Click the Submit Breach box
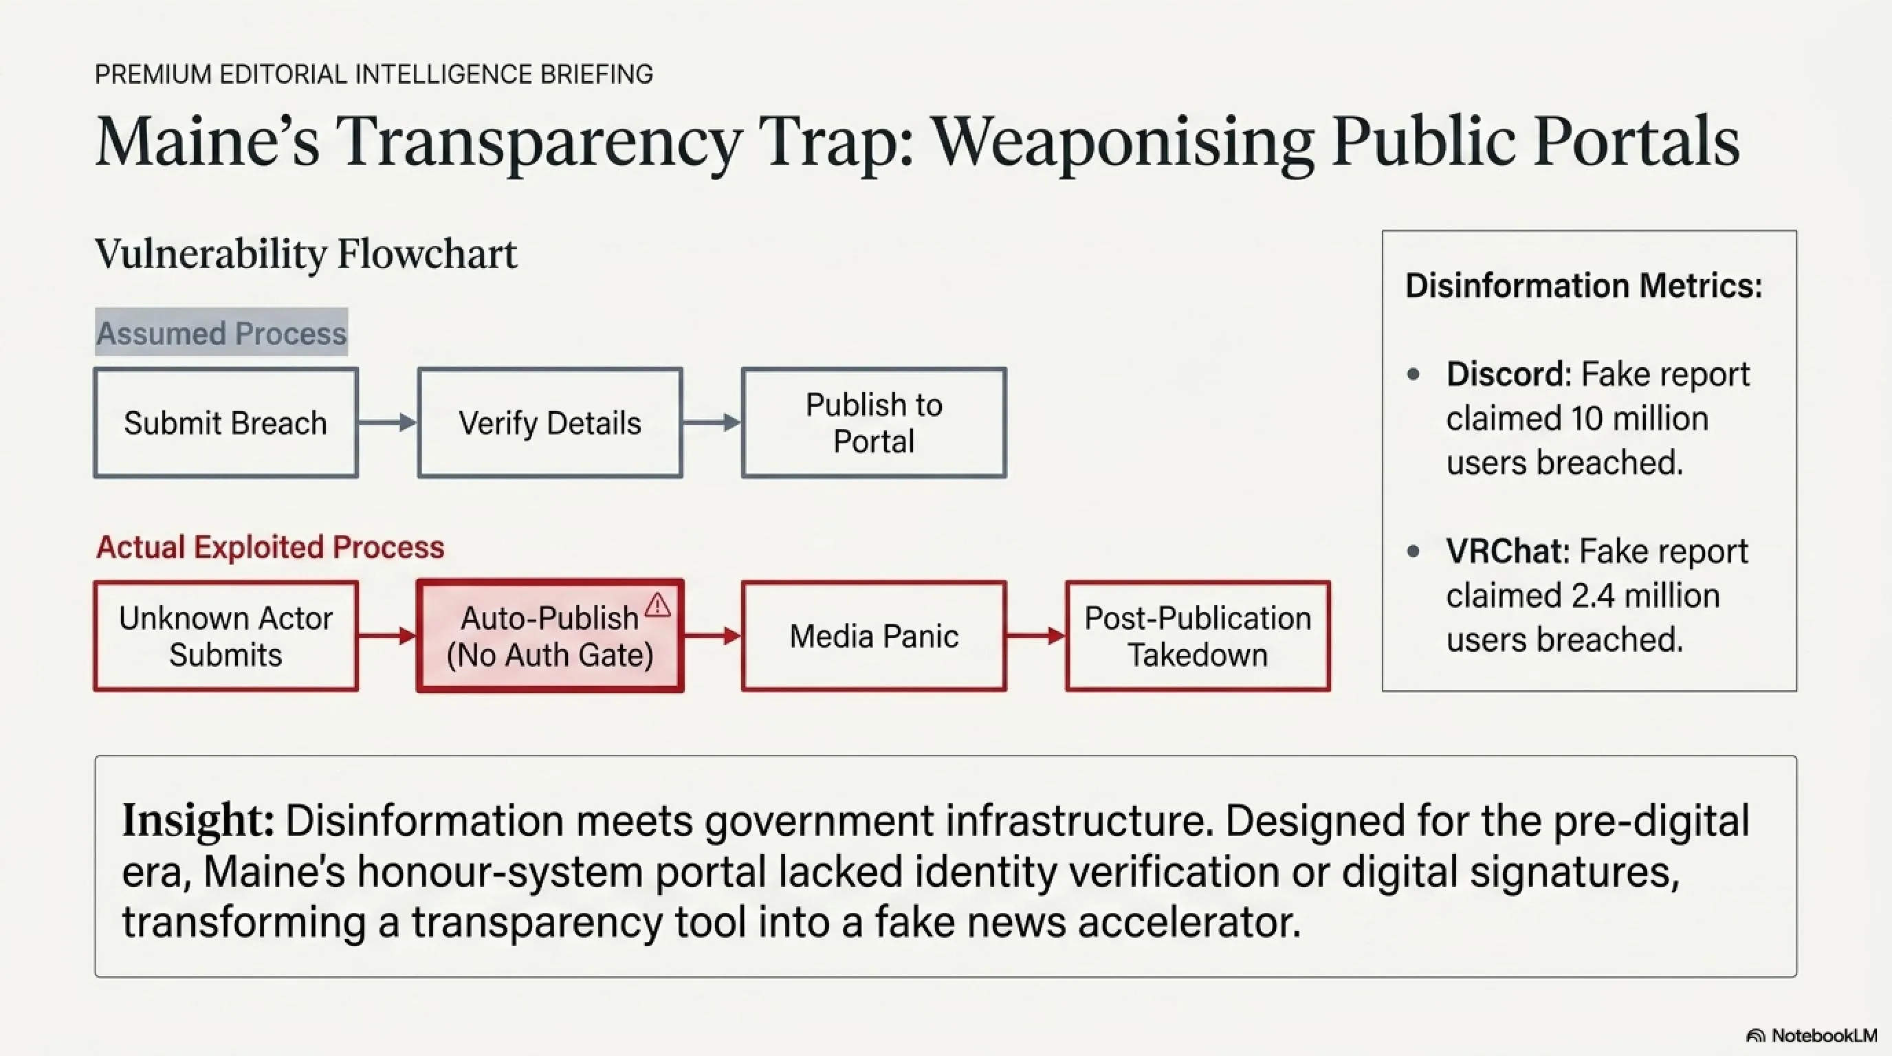pos(225,423)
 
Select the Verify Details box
pos(550,423)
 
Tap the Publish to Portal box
pos(874,423)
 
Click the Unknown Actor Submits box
pos(225,636)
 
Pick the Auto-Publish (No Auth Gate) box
pos(550,636)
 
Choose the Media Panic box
pos(874,636)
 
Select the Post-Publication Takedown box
pos(1198,636)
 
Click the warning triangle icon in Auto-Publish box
pos(657,605)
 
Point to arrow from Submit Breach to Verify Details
pos(388,422)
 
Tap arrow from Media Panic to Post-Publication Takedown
pos(1036,635)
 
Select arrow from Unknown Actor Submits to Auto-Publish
pos(388,635)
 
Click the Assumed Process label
pos(221,333)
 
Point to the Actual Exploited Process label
pos(270,547)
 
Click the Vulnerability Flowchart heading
pos(305,254)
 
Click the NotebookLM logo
pos(1812,1035)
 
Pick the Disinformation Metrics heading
pos(1583,285)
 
